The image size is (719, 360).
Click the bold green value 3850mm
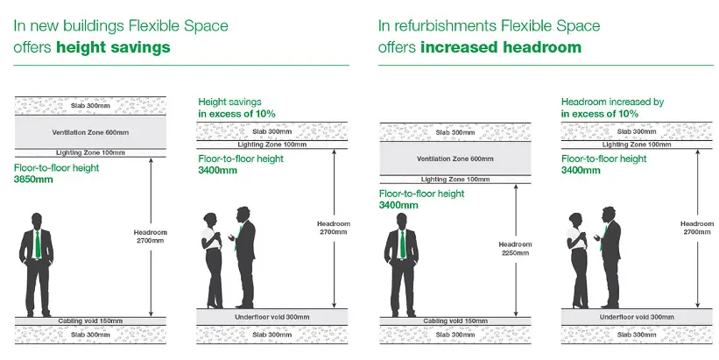pyautogui.click(x=33, y=180)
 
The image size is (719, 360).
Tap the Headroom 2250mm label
pyautogui.click(x=516, y=249)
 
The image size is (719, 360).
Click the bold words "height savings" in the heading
pyautogui.click(x=113, y=47)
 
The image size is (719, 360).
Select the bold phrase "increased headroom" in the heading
pyautogui.click(x=501, y=47)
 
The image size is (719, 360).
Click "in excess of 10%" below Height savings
pyautogui.click(x=236, y=114)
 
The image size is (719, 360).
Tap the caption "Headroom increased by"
pyautogui.click(x=613, y=102)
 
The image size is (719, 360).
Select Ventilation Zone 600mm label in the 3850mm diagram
pyautogui.click(x=90, y=132)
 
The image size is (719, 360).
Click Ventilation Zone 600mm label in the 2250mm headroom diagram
pyautogui.click(x=455, y=159)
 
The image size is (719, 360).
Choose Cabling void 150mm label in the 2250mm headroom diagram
pyautogui.click(x=455, y=321)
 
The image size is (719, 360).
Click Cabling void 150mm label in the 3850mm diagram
pyautogui.click(x=90, y=321)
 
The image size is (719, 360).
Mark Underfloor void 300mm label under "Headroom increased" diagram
pyautogui.click(x=637, y=317)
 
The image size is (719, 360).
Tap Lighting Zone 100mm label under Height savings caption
pyautogui.click(x=271, y=145)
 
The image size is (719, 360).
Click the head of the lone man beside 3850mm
pyautogui.click(x=37, y=220)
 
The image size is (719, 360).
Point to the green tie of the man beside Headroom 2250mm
pyautogui.click(x=403, y=244)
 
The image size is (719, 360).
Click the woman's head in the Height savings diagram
pyautogui.click(x=210, y=220)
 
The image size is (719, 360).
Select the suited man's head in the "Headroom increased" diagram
pyautogui.click(x=609, y=215)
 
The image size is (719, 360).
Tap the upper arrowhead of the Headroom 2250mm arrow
pyautogui.click(x=516, y=187)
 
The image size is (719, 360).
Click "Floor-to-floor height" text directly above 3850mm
pyautogui.click(x=56, y=168)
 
